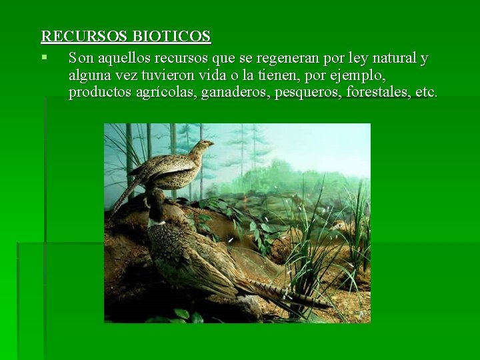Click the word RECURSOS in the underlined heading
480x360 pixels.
coord(84,36)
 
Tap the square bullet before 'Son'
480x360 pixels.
coord(44,57)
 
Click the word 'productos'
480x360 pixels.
coord(97,93)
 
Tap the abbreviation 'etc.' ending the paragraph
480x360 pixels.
coord(426,93)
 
